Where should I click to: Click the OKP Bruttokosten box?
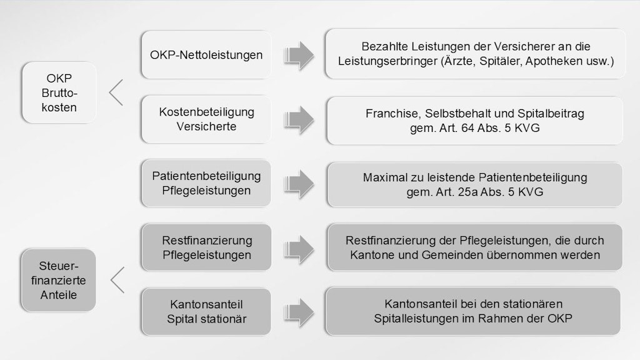[x=59, y=92]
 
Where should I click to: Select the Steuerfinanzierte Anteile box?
[x=58, y=281]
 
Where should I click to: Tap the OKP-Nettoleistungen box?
[x=206, y=55]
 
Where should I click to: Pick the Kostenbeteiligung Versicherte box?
[x=206, y=119]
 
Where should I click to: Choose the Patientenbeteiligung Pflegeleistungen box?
[x=206, y=183]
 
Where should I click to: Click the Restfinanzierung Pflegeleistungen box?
[x=206, y=247]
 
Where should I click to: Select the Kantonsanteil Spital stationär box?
[x=206, y=311]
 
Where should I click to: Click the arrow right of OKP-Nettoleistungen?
[x=299, y=55]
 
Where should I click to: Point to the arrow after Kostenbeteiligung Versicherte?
[x=299, y=120]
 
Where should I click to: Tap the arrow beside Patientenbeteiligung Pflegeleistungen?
[x=299, y=184]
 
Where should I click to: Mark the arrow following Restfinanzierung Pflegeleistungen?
[x=299, y=249]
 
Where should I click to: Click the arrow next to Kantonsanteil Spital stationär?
[x=299, y=312]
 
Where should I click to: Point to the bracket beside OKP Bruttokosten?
[x=116, y=92]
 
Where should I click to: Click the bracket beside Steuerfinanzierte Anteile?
[x=117, y=280]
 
